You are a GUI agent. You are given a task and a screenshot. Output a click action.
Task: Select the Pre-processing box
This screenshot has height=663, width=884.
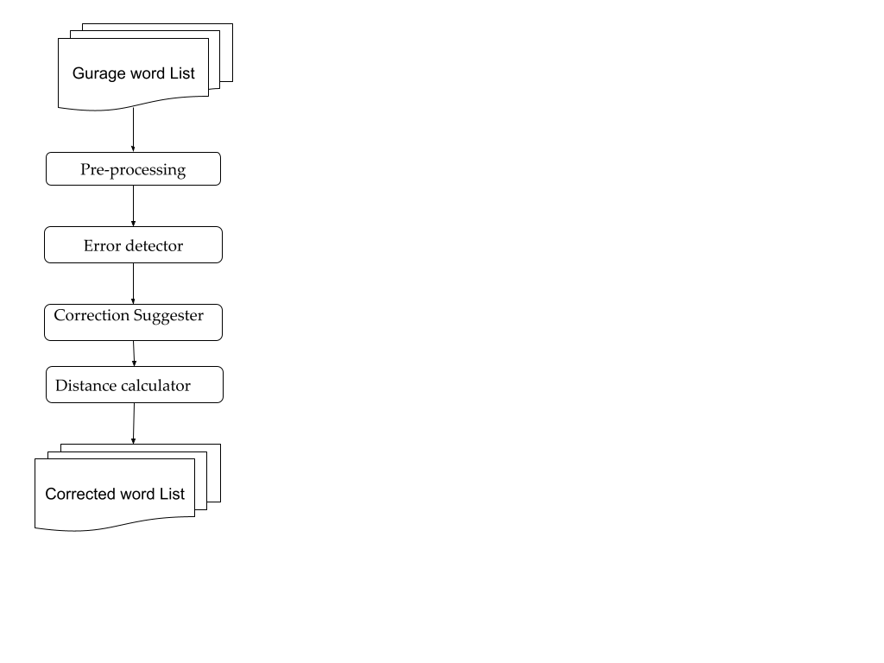(133, 169)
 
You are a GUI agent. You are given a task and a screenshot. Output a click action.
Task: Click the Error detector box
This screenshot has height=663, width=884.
(133, 245)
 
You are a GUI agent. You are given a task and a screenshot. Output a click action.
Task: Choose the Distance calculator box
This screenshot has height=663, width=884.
(134, 385)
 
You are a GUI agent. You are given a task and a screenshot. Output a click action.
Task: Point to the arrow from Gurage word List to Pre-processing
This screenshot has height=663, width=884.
(133, 130)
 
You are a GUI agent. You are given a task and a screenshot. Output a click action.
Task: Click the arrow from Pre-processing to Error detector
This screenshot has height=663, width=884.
(133, 205)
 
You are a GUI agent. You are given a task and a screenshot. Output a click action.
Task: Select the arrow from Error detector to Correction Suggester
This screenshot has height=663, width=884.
(133, 283)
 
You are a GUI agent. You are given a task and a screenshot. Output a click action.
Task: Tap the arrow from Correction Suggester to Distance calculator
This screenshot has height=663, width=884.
(134, 353)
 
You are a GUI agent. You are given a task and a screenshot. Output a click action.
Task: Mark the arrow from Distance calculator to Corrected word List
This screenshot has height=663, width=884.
(133, 423)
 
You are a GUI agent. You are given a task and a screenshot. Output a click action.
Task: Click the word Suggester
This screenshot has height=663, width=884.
(167, 316)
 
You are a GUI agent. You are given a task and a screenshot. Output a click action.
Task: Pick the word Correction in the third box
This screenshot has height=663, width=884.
(91, 316)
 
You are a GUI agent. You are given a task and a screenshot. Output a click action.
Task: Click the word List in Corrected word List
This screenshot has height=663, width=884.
(172, 495)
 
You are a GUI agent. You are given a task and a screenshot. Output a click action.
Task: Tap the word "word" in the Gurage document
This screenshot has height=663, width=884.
(147, 74)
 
